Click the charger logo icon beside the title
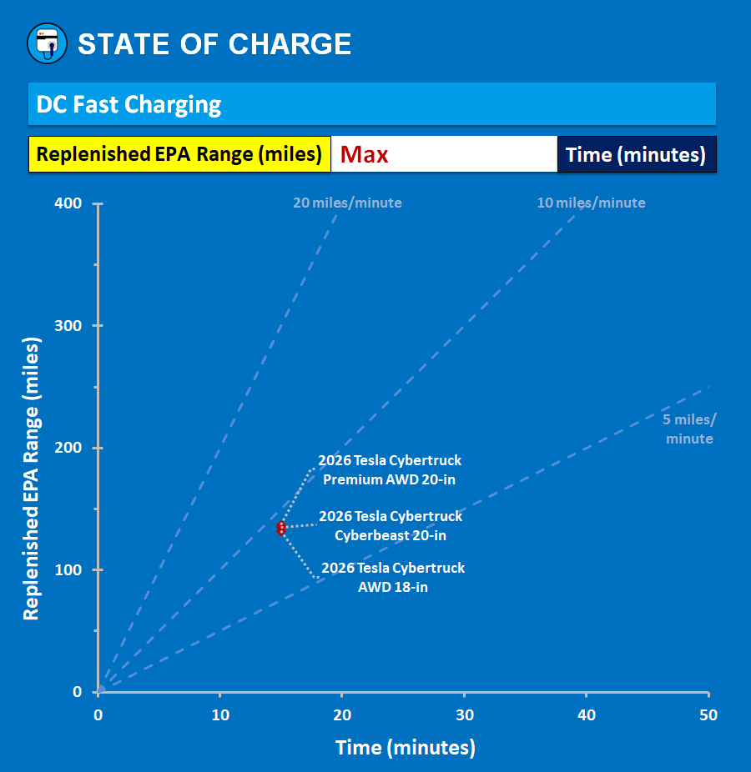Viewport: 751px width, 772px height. tap(47, 44)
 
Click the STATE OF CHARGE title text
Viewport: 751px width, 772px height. tap(214, 44)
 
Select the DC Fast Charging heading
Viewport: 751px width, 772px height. tap(129, 105)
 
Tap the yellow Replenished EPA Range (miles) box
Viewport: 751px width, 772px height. tap(179, 154)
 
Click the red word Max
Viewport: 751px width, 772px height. tap(365, 154)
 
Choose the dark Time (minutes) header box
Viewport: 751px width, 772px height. tap(636, 154)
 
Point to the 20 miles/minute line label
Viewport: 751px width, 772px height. tap(347, 203)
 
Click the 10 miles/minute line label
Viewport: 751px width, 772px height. tap(591, 203)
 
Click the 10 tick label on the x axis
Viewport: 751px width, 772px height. tap(220, 715)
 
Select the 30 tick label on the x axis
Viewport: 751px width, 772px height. tap(464, 715)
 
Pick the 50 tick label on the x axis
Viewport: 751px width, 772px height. tap(708, 715)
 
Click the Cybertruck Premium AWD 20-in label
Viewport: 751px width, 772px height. tap(390, 470)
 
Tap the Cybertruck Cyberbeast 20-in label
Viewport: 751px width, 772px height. tap(391, 525)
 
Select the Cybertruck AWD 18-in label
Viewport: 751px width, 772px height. tap(393, 577)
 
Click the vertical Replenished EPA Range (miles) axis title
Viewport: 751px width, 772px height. tap(32, 479)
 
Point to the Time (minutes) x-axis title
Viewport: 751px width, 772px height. tap(406, 748)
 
